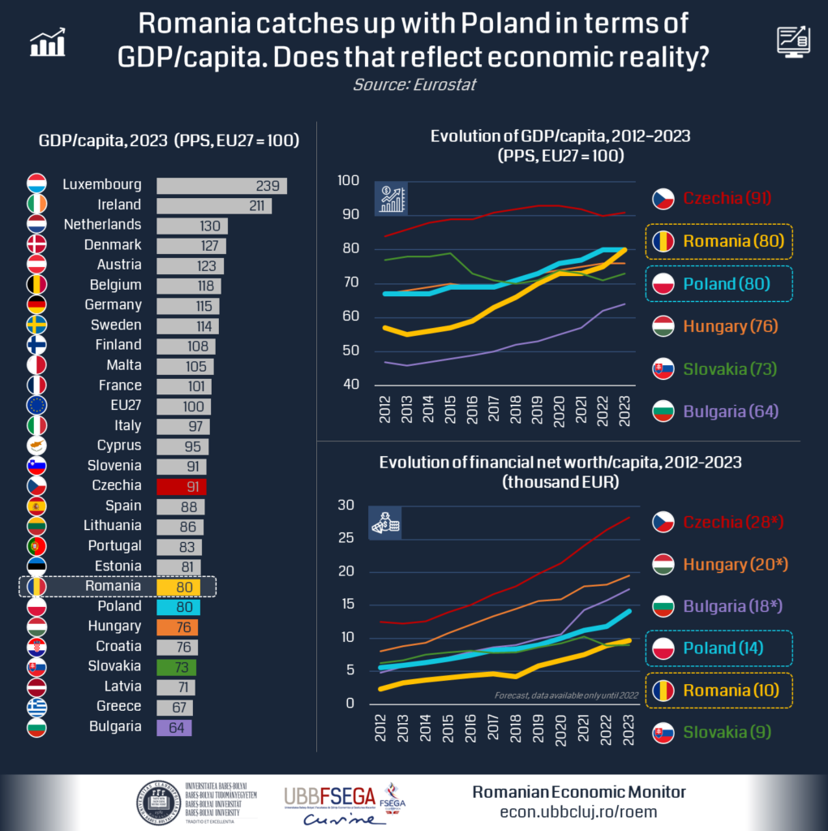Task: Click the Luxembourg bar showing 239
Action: [x=221, y=185]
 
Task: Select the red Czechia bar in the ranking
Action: [x=181, y=486]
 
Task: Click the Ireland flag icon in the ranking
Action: [x=36, y=205]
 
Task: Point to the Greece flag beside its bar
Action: [x=36, y=707]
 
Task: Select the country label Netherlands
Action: [x=102, y=225]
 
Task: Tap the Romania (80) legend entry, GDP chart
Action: [x=720, y=240]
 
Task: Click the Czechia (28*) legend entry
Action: [x=719, y=522]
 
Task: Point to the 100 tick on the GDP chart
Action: [x=348, y=180]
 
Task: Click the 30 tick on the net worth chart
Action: [x=346, y=506]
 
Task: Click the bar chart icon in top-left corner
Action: [x=47, y=42]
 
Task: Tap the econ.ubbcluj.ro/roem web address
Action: [x=579, y=812]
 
